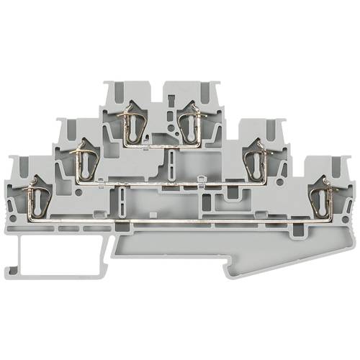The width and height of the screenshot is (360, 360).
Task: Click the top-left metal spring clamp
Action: pyautogui.click(x=132, y=123)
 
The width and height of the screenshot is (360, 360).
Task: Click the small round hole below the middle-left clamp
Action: pyautogui.click(x=78, y=192)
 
